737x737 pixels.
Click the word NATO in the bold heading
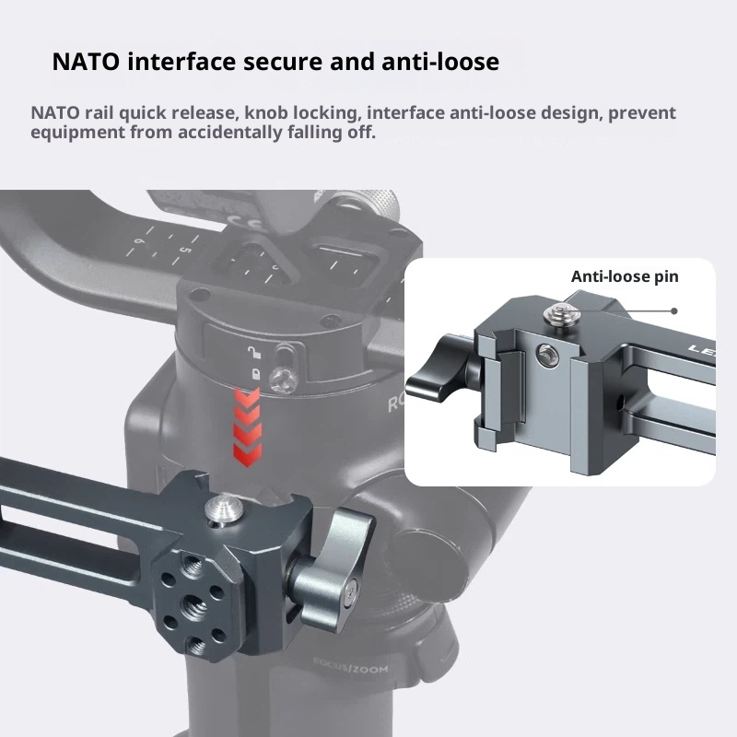pos(86,62)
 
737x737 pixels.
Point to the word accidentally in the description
pos(230,132)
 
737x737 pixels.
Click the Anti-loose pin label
pos(625,276)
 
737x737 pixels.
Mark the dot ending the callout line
pos(674,311)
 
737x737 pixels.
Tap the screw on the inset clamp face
pos(547,354)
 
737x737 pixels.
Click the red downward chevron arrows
pos(247,427)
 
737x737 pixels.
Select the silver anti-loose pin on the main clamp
pos(224,508)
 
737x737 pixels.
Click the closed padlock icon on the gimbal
pos(256,374)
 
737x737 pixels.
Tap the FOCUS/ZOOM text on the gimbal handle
pos(351,666)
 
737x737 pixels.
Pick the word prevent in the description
pos(642,113)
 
